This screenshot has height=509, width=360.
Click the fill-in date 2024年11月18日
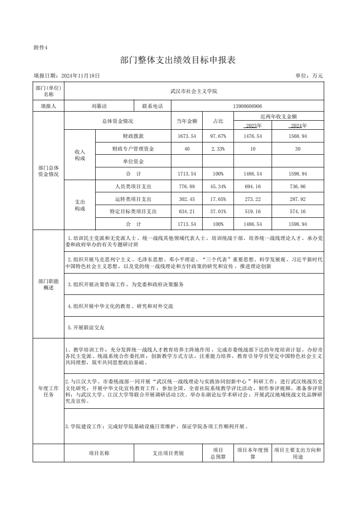point(67,76)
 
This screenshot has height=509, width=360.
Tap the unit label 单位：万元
point(309,76)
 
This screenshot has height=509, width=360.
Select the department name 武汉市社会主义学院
point(194,91)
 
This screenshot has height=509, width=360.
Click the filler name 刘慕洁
point(99,106)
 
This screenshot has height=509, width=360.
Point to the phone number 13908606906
point(247,106)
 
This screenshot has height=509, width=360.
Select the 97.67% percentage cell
point(218,136)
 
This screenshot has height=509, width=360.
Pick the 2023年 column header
point(253,126)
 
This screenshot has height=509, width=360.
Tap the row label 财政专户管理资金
point(133,149)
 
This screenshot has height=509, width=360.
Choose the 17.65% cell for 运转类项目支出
point(218,199)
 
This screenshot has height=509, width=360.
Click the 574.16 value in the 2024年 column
point(297,211)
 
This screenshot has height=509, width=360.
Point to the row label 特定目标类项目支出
point(133,211)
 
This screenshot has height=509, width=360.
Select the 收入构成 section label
point(80,155)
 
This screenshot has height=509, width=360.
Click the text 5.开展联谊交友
point(86,327)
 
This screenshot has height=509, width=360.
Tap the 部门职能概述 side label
point(49,284)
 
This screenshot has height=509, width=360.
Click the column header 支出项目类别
point(168,453)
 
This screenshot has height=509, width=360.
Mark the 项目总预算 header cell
point(218,453)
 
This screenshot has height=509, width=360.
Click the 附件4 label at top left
point(40,48)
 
